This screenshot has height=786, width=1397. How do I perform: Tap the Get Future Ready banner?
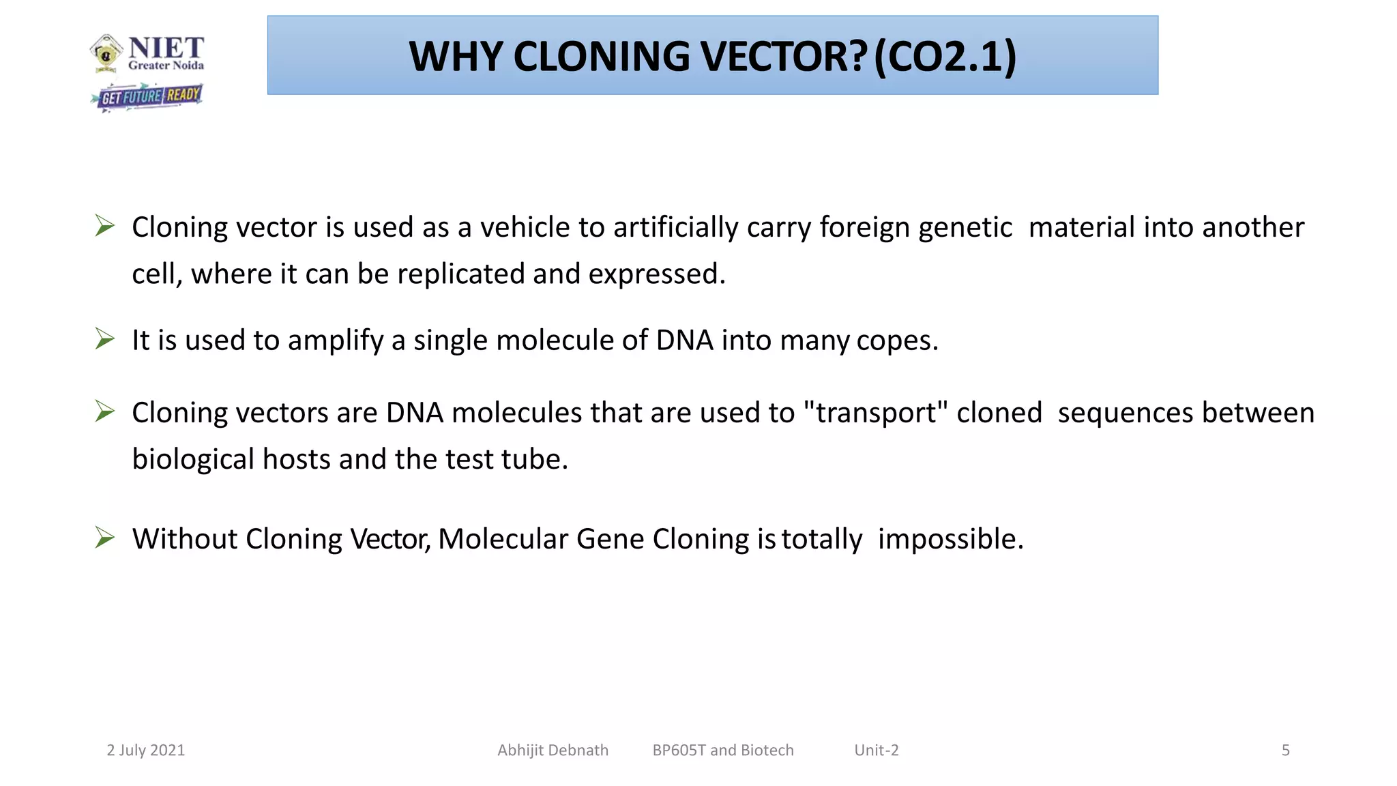149,96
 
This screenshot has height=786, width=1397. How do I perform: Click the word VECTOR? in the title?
784,57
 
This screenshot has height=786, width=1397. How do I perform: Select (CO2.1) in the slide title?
945,57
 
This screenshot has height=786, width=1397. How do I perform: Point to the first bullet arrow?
105,226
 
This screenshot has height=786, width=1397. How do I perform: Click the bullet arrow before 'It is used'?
105,339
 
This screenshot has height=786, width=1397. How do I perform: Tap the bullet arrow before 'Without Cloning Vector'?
105,538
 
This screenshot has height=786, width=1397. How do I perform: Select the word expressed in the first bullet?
656,274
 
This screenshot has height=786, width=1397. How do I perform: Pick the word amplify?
336,340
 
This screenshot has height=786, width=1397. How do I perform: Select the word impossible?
950,539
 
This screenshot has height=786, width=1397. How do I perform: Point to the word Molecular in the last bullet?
503,539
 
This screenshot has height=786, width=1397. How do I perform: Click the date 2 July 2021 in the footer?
146,751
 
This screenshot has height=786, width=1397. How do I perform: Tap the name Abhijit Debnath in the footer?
553,751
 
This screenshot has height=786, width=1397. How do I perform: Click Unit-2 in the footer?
877,751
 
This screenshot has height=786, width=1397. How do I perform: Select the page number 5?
1286,751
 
